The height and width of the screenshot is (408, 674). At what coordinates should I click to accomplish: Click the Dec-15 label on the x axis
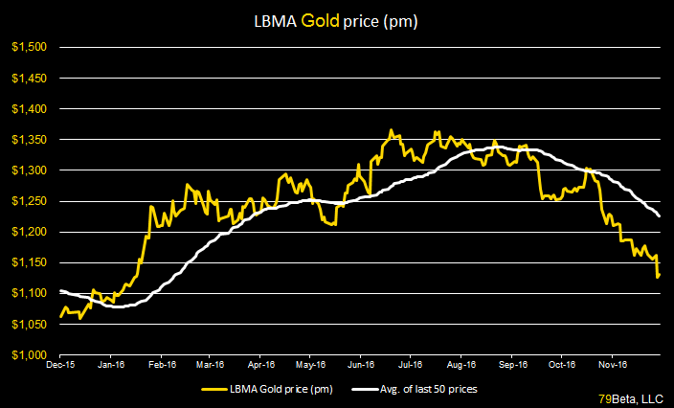pos(60,364)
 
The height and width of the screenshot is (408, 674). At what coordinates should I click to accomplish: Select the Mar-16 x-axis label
pos(210,364)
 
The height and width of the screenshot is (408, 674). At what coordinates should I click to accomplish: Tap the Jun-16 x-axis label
pos(360,364)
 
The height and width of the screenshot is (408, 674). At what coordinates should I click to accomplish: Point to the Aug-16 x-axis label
pos(461,364)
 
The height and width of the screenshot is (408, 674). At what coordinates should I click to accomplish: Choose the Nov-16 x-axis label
pos(612,364)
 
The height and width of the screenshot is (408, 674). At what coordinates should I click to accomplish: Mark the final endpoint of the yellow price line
pos(659,276)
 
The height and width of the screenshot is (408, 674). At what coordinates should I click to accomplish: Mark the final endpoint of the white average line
pos(660,216)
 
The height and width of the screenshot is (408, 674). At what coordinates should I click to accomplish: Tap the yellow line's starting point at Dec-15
pos(60,315)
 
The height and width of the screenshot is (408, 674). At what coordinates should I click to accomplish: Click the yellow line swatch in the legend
pos(216,389)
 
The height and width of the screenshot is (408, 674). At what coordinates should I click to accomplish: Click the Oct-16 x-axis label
pos(562,364)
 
